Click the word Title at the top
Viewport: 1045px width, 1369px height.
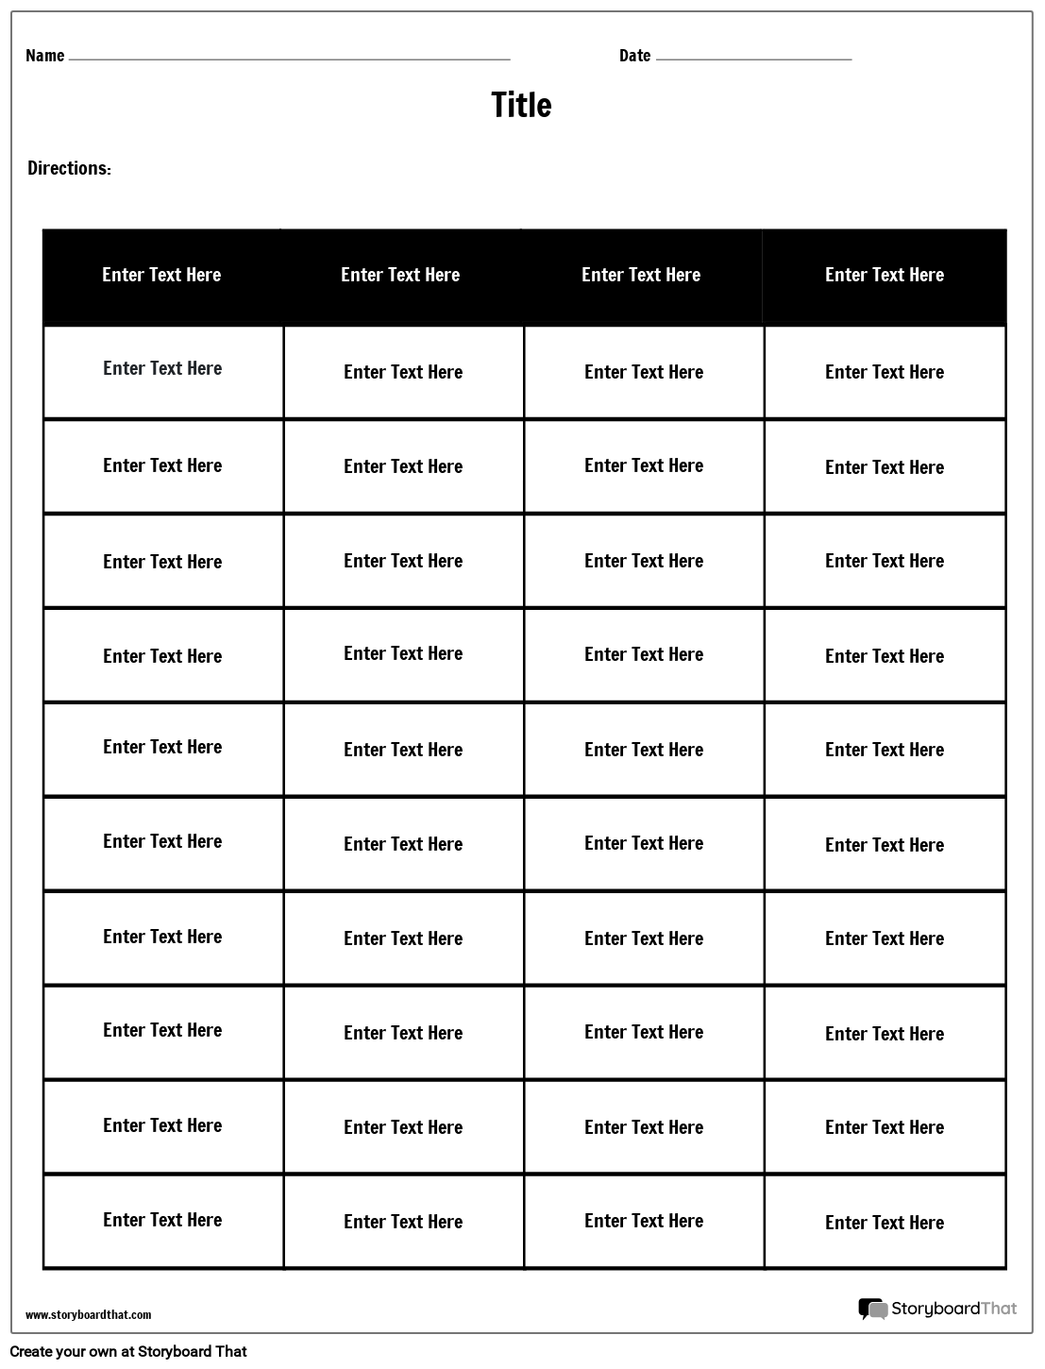pyautogui.click(x=521, y=105)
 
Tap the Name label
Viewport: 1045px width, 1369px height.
pyautogui.click(x=44, y=56)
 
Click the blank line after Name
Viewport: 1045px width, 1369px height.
pyautogui.click(x=289, y=59)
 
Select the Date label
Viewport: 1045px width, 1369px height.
pyautogui.click(x=634, y=56)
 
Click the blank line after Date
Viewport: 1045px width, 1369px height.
pyautogui.click(x=753, y=59)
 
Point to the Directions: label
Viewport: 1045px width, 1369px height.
pyautogui.click(x=69, y=168)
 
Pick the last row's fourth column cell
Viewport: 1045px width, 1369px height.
pyautogui.click(x=885, y=1222)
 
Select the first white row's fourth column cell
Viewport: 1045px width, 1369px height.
pyautogui.click(x=885, y=372)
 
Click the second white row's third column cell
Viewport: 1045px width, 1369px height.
pyautogui.click(x=644, y=466)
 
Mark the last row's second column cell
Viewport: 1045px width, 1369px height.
pyautogui.click(x=403, y=1222)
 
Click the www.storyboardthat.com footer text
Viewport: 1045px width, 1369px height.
pyautogui.click(x=88, y=1314)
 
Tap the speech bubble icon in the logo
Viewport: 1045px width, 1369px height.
pyautogui.click(x=872, y=1309)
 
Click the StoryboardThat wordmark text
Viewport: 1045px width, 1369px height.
pyautogui.click(x=954, y=1309)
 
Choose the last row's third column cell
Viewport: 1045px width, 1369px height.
pyautogui.click(x=644, y=1222)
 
